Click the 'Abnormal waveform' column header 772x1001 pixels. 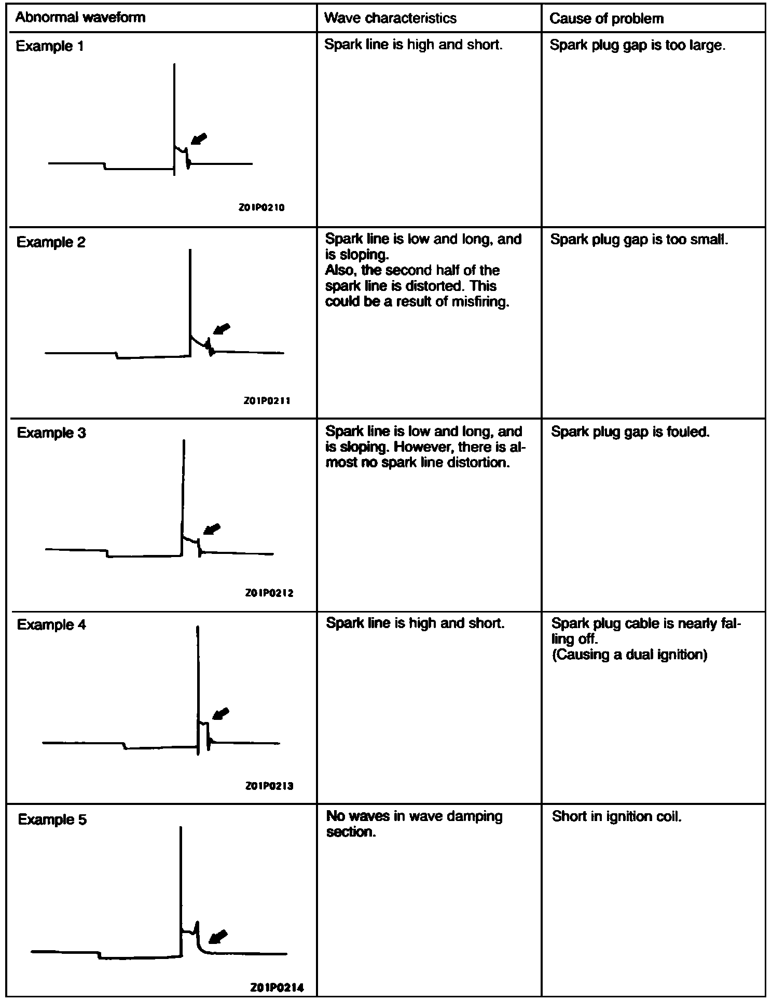coord(80,18)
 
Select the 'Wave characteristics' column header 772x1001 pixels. coord(390,19)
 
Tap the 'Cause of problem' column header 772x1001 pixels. coord(606,19)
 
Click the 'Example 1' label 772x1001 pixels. coord(49,46)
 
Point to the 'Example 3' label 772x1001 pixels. coord(51,433)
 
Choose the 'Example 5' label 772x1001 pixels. coord(52,819)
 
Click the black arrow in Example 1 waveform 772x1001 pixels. coord(198,139)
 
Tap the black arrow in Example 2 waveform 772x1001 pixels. coord(222,329)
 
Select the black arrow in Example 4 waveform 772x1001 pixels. coord(221,714)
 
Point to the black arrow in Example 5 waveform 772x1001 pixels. coord(217,936)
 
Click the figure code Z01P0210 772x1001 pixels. coord(261,207)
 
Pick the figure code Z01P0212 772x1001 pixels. coord(269,593)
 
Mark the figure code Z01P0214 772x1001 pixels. coord(277,987)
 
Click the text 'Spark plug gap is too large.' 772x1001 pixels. coord(637,46)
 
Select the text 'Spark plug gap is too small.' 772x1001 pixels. coord(639,240)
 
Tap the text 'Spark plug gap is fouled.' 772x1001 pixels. coord(630,432)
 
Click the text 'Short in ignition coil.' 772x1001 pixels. coord(616,816)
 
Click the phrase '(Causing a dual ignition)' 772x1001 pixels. coord(629,655)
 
